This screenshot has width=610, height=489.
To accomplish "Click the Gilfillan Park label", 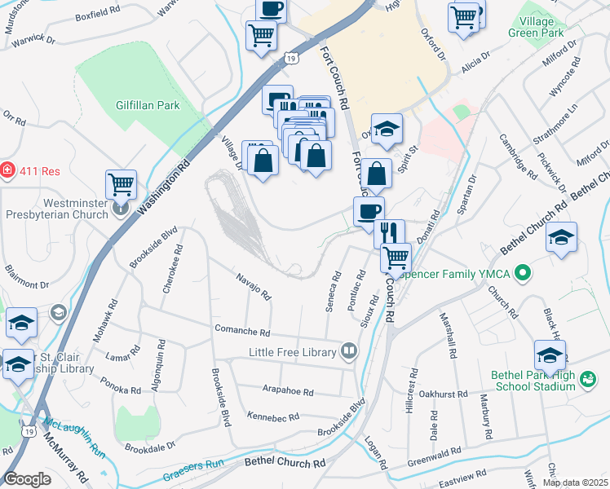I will coord(148,105).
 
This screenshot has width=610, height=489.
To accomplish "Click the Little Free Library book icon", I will coord(348,352).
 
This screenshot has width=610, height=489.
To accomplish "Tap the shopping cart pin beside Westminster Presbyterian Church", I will coord(121,184).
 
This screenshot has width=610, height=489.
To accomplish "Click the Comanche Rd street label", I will coord(241,333).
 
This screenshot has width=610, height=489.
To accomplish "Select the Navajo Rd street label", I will coord(253,286).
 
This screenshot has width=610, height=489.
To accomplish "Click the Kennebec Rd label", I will coord(273,417).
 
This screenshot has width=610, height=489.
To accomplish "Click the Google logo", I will coord(28,478).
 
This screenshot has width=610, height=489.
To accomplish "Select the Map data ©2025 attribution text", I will coord(574,482).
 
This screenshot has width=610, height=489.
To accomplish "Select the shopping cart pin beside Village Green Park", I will coord(463,16).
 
